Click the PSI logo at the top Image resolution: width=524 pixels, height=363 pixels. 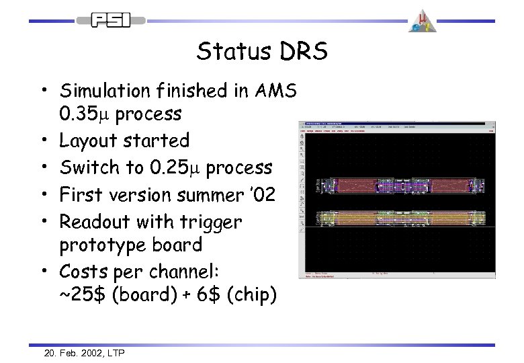click(110, 20)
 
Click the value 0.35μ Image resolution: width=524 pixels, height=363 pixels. click(85, 115)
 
